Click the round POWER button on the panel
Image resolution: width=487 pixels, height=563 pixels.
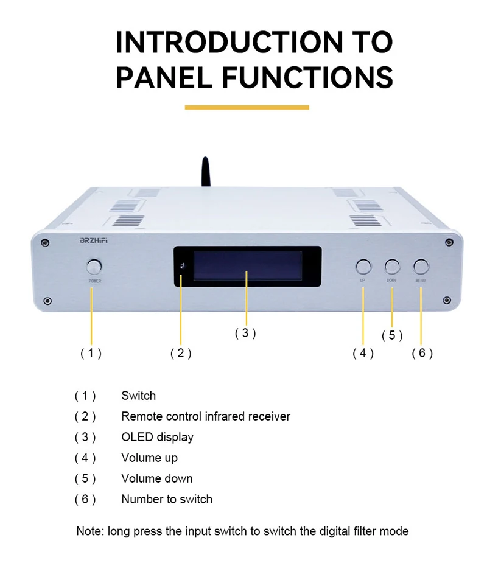(x=94, y=267)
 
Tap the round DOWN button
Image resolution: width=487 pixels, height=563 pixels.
(x=391, y=266)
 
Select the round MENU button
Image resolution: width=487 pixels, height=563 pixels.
(x=421, y=266)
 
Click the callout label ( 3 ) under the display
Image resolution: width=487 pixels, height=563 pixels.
(x=245, y=333)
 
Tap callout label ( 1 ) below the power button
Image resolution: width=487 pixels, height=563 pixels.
(x=91, y=353)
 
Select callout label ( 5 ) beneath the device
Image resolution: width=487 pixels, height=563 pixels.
(x=392, y=335)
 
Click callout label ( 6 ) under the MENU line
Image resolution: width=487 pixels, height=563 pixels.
(x=422, y=353)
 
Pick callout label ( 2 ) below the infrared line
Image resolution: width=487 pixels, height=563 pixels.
(x=181, y=353)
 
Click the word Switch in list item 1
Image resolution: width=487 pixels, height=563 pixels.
(x=138, y=396)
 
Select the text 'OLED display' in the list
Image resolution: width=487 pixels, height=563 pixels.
(x=157, y=437)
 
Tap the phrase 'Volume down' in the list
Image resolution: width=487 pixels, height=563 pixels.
(x=156, y=478)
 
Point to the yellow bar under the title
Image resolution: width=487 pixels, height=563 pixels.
(x=247, y=108)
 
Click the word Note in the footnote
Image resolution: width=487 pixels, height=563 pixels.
(x=89, y=531)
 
